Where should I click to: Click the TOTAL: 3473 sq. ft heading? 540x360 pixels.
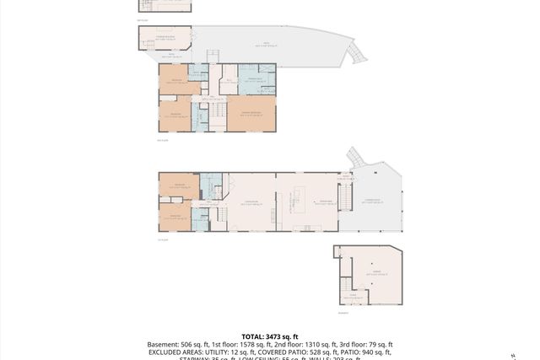coord(269,336)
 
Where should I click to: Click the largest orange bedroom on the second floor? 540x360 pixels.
coord(251,113)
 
